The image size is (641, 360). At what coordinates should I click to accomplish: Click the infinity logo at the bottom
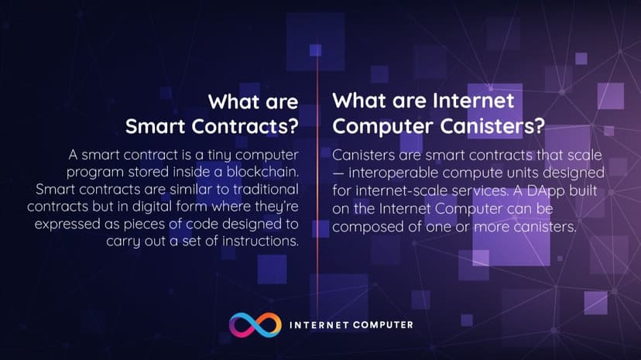coord(253,325)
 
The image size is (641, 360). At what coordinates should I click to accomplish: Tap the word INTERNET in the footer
coord(317,325)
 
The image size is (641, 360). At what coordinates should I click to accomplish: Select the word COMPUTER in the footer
coord(380,325)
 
